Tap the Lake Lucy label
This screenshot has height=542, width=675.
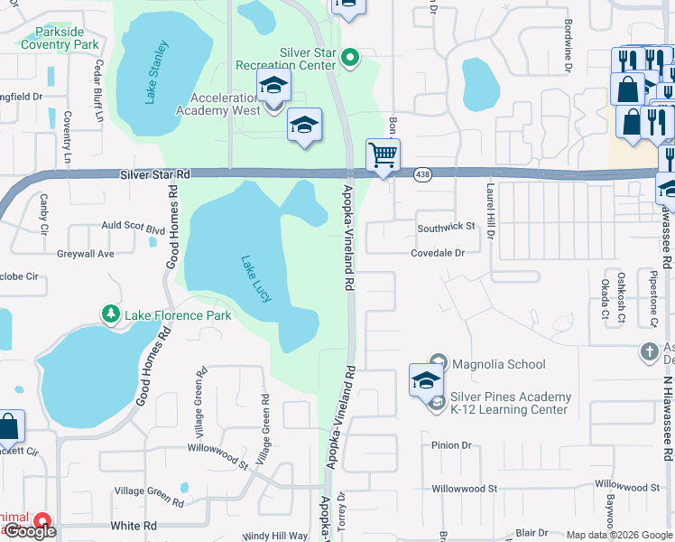pos(256,279)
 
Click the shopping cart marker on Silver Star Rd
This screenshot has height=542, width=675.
pos(384,155)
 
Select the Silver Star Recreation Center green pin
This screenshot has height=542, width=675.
pos(353,60)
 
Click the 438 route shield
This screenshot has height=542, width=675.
pos(421,173)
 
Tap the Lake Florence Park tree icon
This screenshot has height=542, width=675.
pos(111,314)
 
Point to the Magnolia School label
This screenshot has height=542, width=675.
pos(498,364)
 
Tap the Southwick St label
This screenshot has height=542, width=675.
pos(446,227)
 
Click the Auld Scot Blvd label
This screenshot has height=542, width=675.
pos(133,229)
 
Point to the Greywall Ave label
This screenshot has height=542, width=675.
pos(86,254)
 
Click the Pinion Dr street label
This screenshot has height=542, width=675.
pos(451,445)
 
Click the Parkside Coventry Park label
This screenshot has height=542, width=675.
pos(60,38)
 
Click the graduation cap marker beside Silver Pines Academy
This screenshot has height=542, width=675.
pos(426,380)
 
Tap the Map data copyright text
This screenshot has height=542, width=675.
pos(620,535)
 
